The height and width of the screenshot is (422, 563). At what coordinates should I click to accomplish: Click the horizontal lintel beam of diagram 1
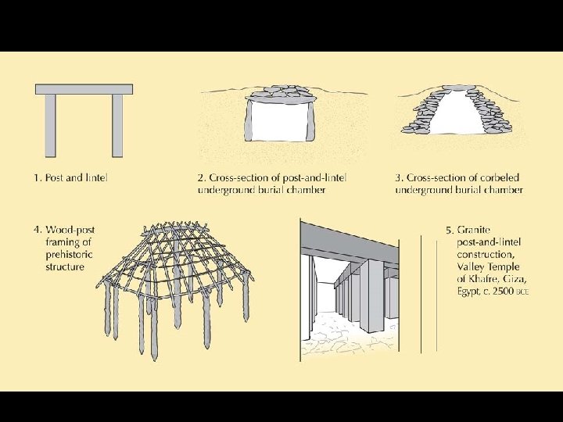click(x=84, y=89)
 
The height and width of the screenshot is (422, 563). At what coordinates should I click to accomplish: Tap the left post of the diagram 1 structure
click(x=50, y=126)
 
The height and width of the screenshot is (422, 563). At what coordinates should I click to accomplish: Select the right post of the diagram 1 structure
click(x=117, y=126)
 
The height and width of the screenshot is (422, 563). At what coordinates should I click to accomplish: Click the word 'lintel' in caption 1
click(x=96, y=177)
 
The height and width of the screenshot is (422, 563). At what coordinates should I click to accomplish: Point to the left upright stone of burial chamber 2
click(x=248, y=120)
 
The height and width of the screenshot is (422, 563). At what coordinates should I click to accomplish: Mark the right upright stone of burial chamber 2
click(x=310, y=120)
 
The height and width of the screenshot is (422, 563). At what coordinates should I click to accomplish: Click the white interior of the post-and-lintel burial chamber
click(x=279, y=121)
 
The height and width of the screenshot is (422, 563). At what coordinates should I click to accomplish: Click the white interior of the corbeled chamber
click(x=455, y=114)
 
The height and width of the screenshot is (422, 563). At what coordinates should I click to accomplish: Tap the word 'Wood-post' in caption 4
click(x=70, y=230)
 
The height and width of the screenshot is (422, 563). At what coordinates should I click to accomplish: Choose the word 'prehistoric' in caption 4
click(x=69, y=255)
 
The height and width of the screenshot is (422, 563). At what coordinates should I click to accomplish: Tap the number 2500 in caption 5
click(x=504, y=291)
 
